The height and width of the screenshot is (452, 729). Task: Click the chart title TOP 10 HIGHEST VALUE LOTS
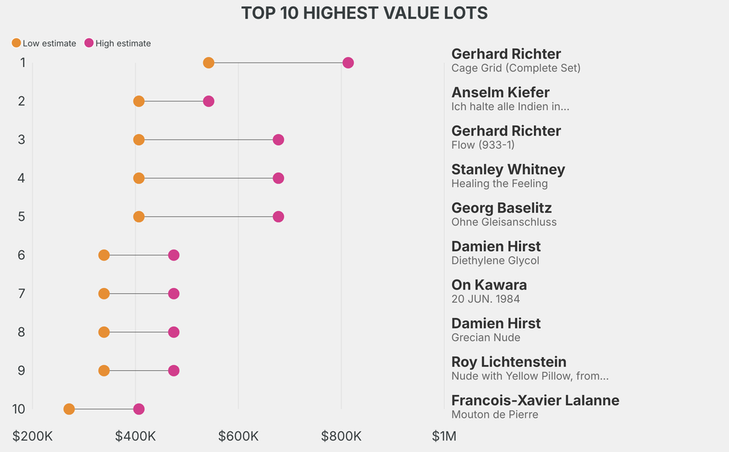pos(364,13)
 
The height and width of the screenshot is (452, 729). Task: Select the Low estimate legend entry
pos(44,43)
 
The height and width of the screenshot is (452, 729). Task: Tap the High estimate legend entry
pos(117,43)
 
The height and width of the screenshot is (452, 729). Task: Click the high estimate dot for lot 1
pos(348,63)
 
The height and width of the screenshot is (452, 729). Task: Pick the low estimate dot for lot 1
pos(209,63)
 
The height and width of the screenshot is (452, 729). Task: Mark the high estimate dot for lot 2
pos(209,101)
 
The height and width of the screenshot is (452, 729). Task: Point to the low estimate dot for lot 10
pos(69,409)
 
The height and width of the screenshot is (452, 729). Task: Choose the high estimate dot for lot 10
pos(139,409)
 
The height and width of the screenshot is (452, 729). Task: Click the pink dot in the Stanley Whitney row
pos(278,178)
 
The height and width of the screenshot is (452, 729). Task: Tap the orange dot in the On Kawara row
pos(104,294)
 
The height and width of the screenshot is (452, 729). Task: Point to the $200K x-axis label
pos(33,436)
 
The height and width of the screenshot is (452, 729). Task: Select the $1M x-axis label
pos(444,436)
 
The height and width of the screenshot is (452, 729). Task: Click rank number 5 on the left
pos(22,217)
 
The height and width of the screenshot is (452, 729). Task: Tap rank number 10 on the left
pos(19,409)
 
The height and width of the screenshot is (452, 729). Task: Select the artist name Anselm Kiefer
pos(500,93)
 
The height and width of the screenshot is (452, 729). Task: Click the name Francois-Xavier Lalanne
pos(535,401)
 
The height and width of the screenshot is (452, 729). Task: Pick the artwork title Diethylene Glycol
pos(495,261)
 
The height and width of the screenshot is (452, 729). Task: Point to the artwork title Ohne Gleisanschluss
pos(504,222)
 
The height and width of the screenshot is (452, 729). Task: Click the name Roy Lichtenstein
pos(509,362)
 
